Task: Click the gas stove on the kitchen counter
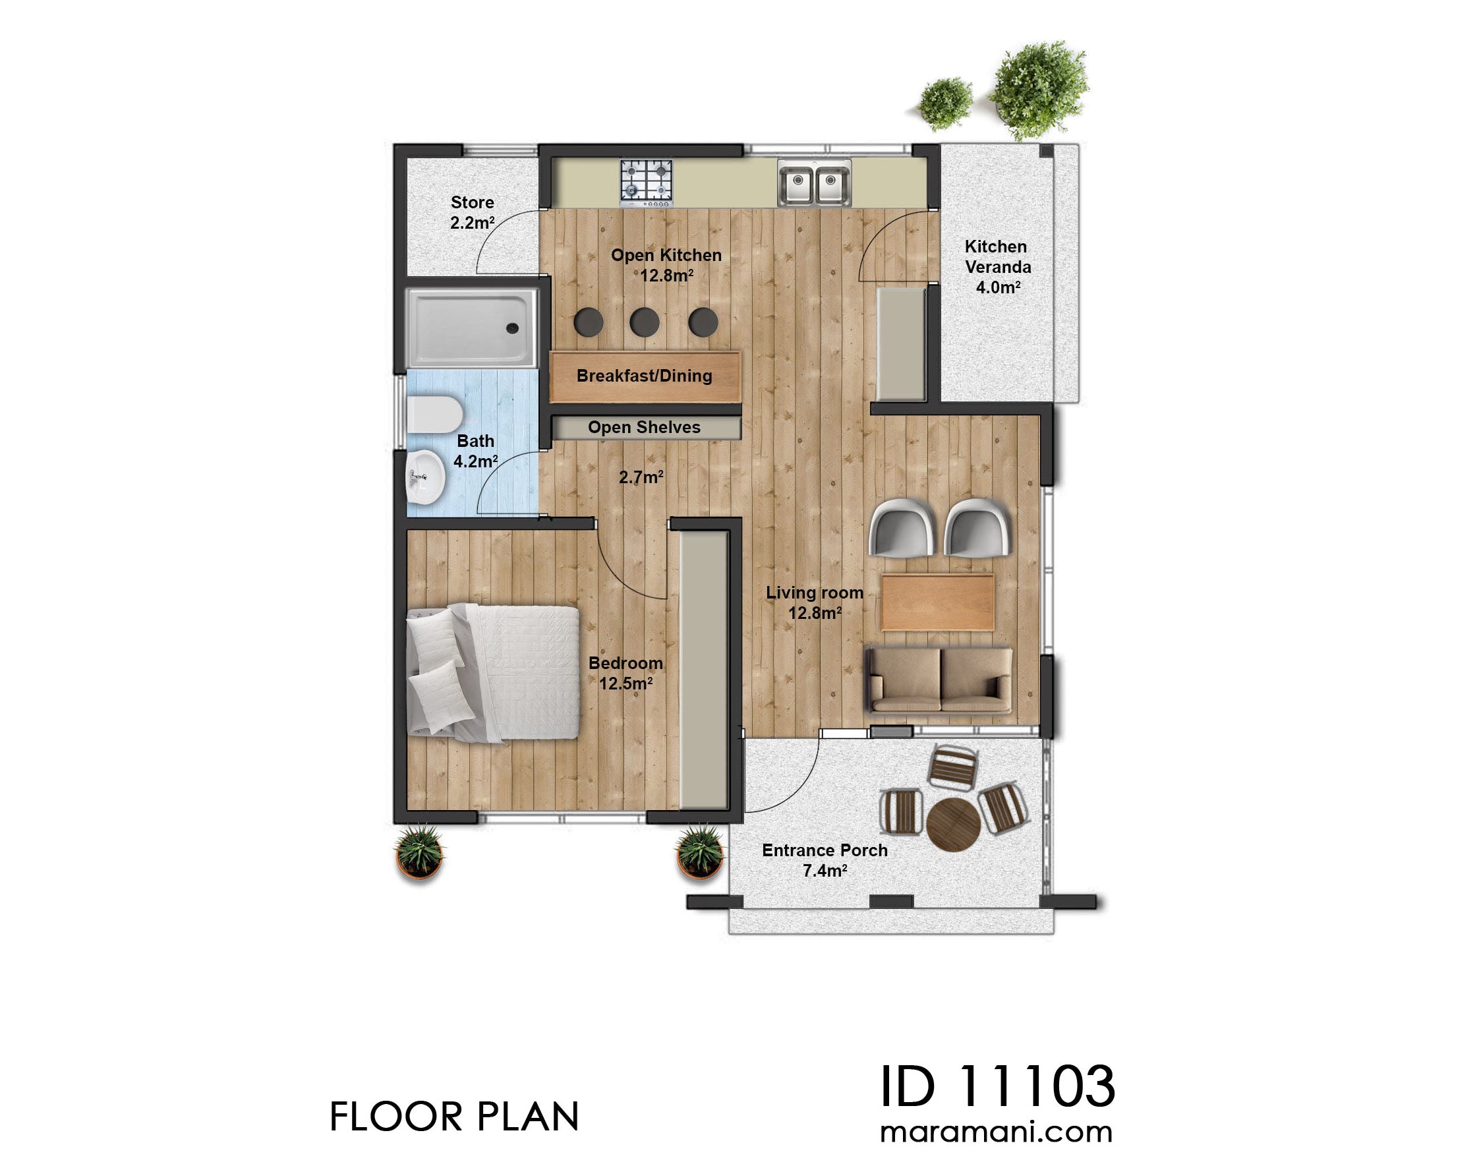click(645, 182)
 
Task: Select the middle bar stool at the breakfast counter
click(643, 322)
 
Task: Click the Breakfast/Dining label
click(644, 376)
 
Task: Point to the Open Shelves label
click(644, 427)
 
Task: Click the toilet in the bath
click(434, 414)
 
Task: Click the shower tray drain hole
click(511, 328)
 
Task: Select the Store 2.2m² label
click(472, 212)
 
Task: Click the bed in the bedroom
click(492, 672)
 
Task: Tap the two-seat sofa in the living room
click(939, 680)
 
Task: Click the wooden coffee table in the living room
click(937, 602)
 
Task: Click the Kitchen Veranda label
click(997, 267)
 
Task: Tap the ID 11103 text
click(997, 1087)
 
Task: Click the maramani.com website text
click(997, 1132)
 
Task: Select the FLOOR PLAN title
click(454, 1117)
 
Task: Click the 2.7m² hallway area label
click(641, 477)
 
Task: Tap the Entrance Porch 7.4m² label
click(825, 860)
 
